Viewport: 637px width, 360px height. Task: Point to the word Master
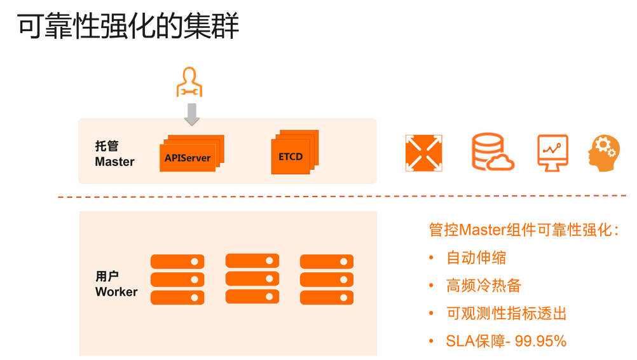pyautogui.click(x=114, y=162)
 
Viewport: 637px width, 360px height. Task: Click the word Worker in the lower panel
pyautogui.click(x=116, y=292)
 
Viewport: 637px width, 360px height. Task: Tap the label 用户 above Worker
pyautogui.click(x=107, y=277)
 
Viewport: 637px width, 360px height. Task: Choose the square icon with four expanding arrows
pyautogui.click(x=423, y=153)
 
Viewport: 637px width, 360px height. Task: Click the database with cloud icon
pyautogui.click(x=491, y=152)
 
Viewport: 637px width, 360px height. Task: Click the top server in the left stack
pyautogui.click(x=177, y=261)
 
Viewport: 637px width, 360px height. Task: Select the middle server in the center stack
pyautogui.click(x=252, y=279)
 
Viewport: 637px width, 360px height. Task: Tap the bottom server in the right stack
pyautogui.click(x=326, y=297)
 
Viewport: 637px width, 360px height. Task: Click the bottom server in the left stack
pyautogui.click(x=177, y=297)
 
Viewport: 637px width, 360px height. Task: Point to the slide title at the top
pyautogui.click(x=128, y=27)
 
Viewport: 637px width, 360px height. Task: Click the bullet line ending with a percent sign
pyautogui.click(x=505, y=340)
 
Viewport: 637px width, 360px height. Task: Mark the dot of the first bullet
pyautogui.click(x=431, y=258)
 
